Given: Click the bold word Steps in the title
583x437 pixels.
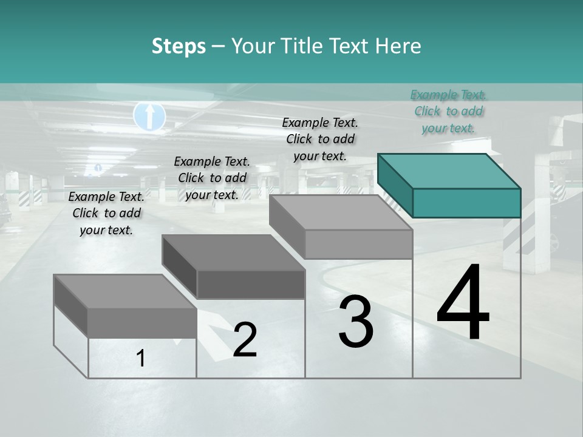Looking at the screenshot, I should pyautogui.click(x=179, y=47).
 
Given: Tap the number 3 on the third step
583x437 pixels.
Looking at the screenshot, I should pyautogui.click(x=356, y=322).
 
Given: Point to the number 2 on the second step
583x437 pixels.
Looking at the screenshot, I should pyautogui.click(x=245, y=340).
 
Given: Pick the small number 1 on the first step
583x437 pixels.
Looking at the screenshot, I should pyautogui.click(x=141, y=359).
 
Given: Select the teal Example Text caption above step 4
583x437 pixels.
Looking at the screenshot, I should pyautogui.click(x=448, y=111).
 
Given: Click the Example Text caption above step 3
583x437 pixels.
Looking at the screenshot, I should pyautogui.click(x=320, y=139).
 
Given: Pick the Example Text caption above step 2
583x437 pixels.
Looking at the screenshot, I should pyautogui.click(x=212, y=178).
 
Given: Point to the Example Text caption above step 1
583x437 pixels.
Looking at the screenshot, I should pyautogui.click(x=106, y=213).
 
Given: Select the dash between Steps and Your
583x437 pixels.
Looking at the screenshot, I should pyautogui.click(x=219, y=47).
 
